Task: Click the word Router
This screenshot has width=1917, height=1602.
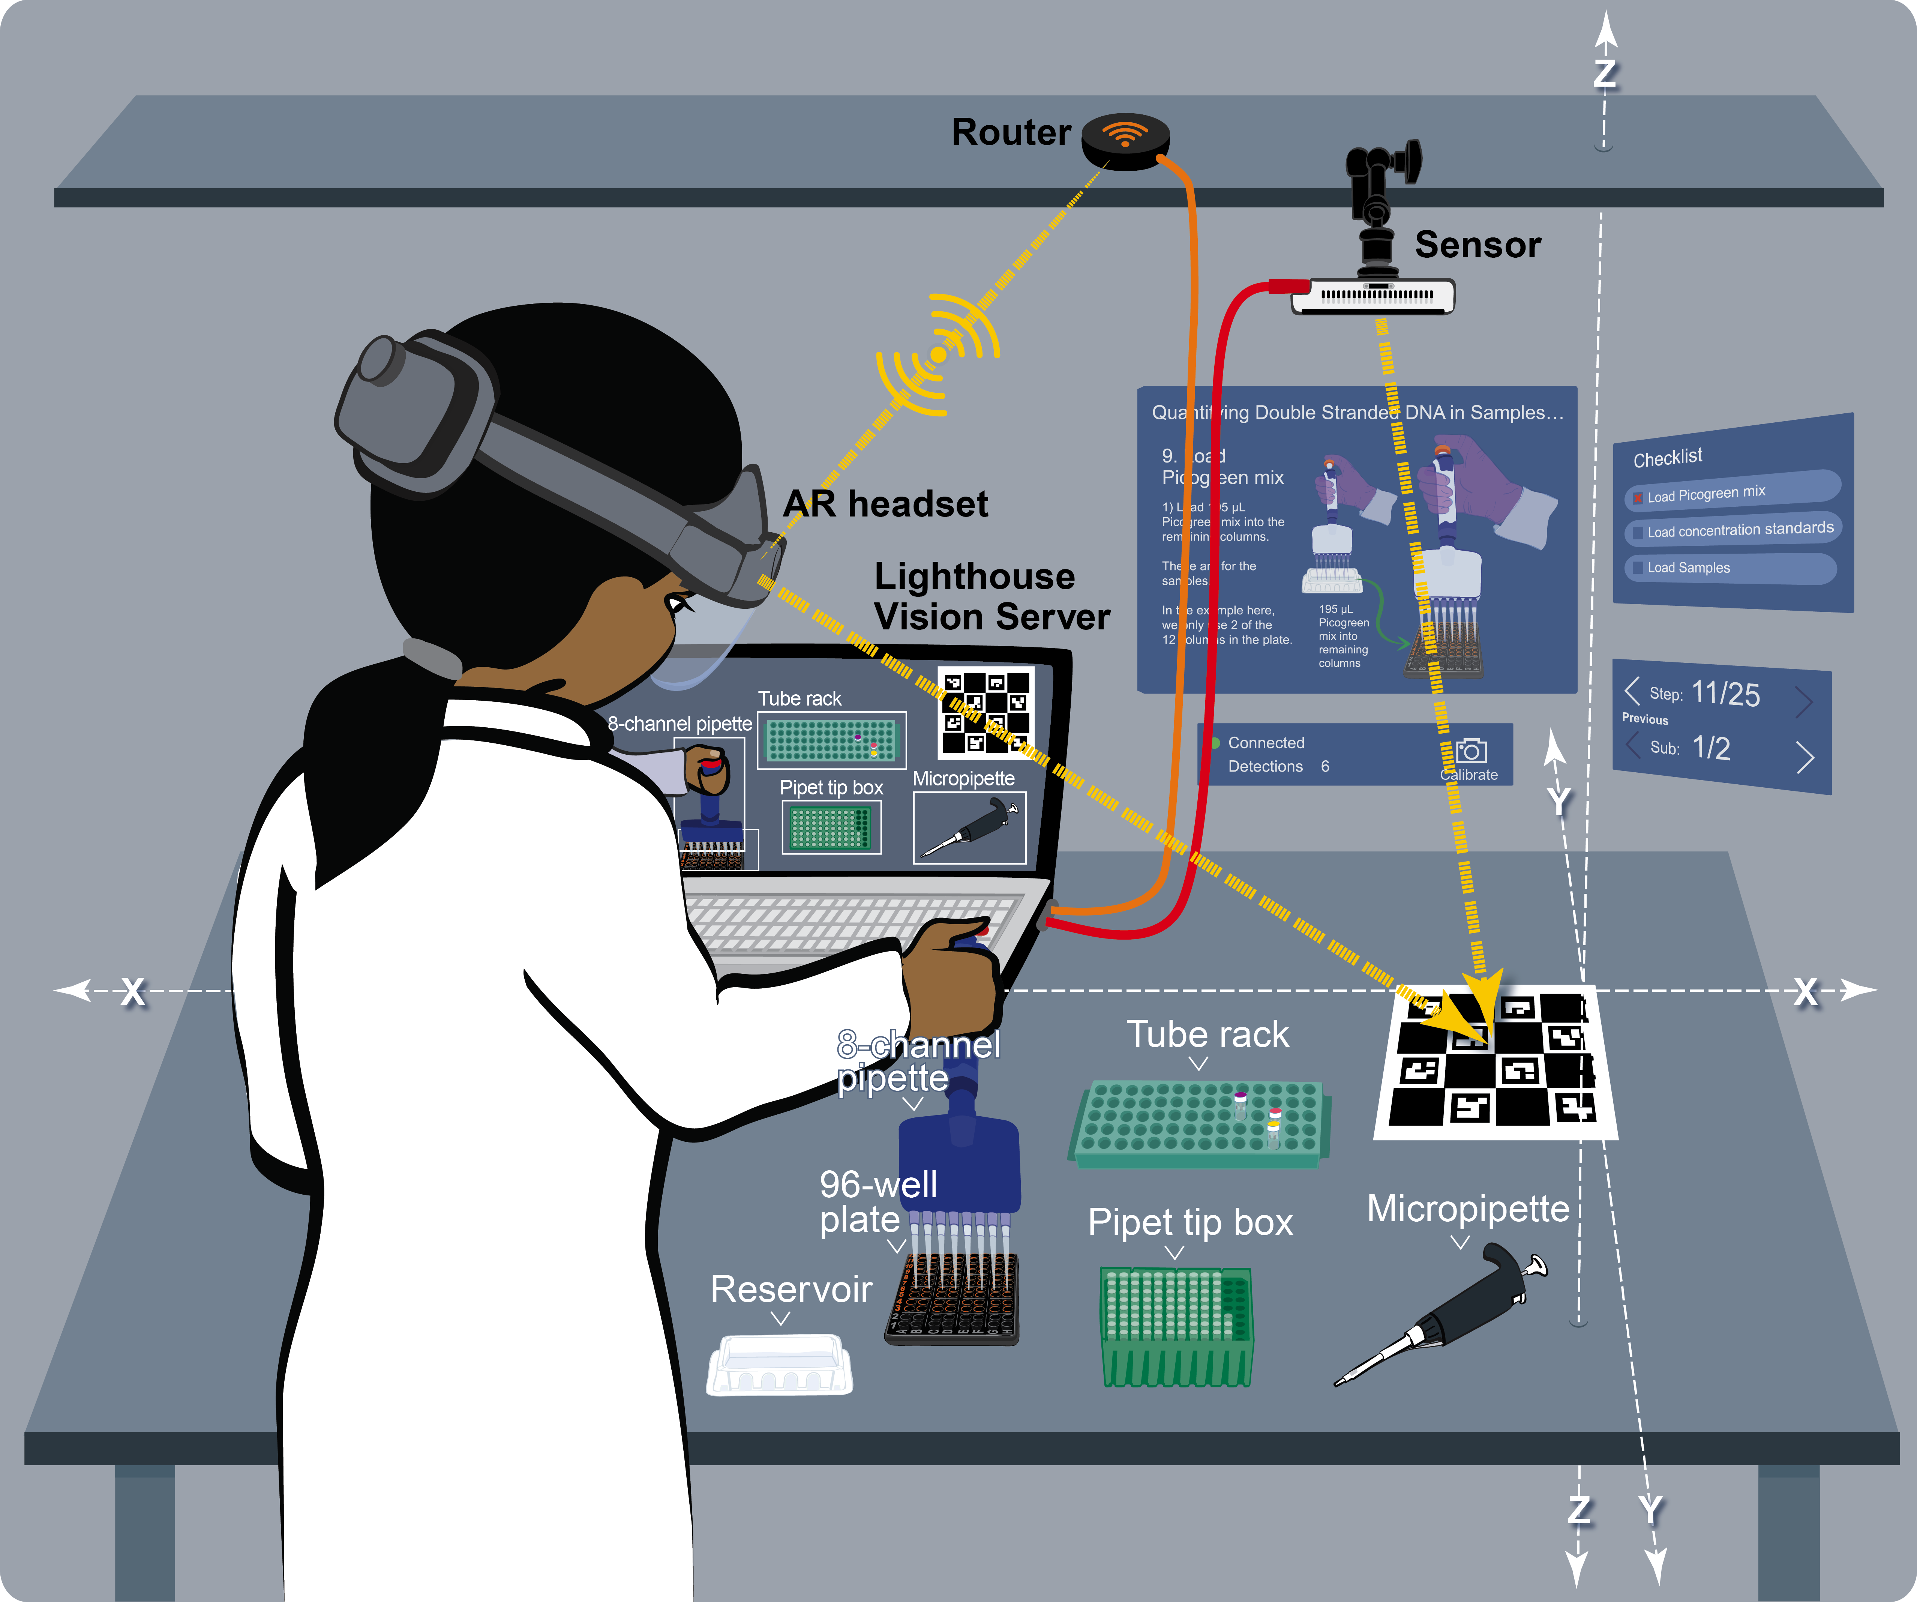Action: pyautogui.click(x=1011, y=132)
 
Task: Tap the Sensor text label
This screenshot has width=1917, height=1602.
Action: pyautogui.click(x=1477, y=245)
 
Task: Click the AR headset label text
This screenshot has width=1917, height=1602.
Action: pyautogui.click(x=885, y=504)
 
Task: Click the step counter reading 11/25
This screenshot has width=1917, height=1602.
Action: pyautogui.click(x=1725, y=694)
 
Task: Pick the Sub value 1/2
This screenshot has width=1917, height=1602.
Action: pyautogui.click(x=1711, y=749)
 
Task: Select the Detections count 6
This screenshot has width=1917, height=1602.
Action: pyautogui.click(x=1324, y=767)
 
